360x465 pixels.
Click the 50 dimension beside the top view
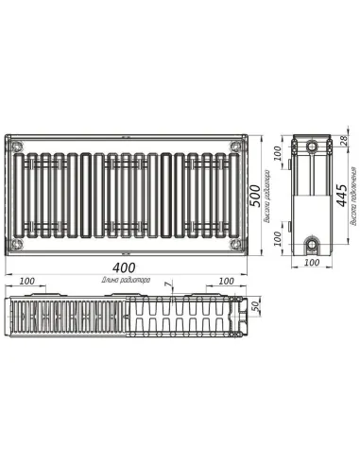(x=254, y=310)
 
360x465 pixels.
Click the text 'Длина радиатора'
(x=126, y=281)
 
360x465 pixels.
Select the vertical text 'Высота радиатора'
(x=271, y=195)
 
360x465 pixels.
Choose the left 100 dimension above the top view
(x=28, y=281)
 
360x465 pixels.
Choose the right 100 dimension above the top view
(x=225, y=281)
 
